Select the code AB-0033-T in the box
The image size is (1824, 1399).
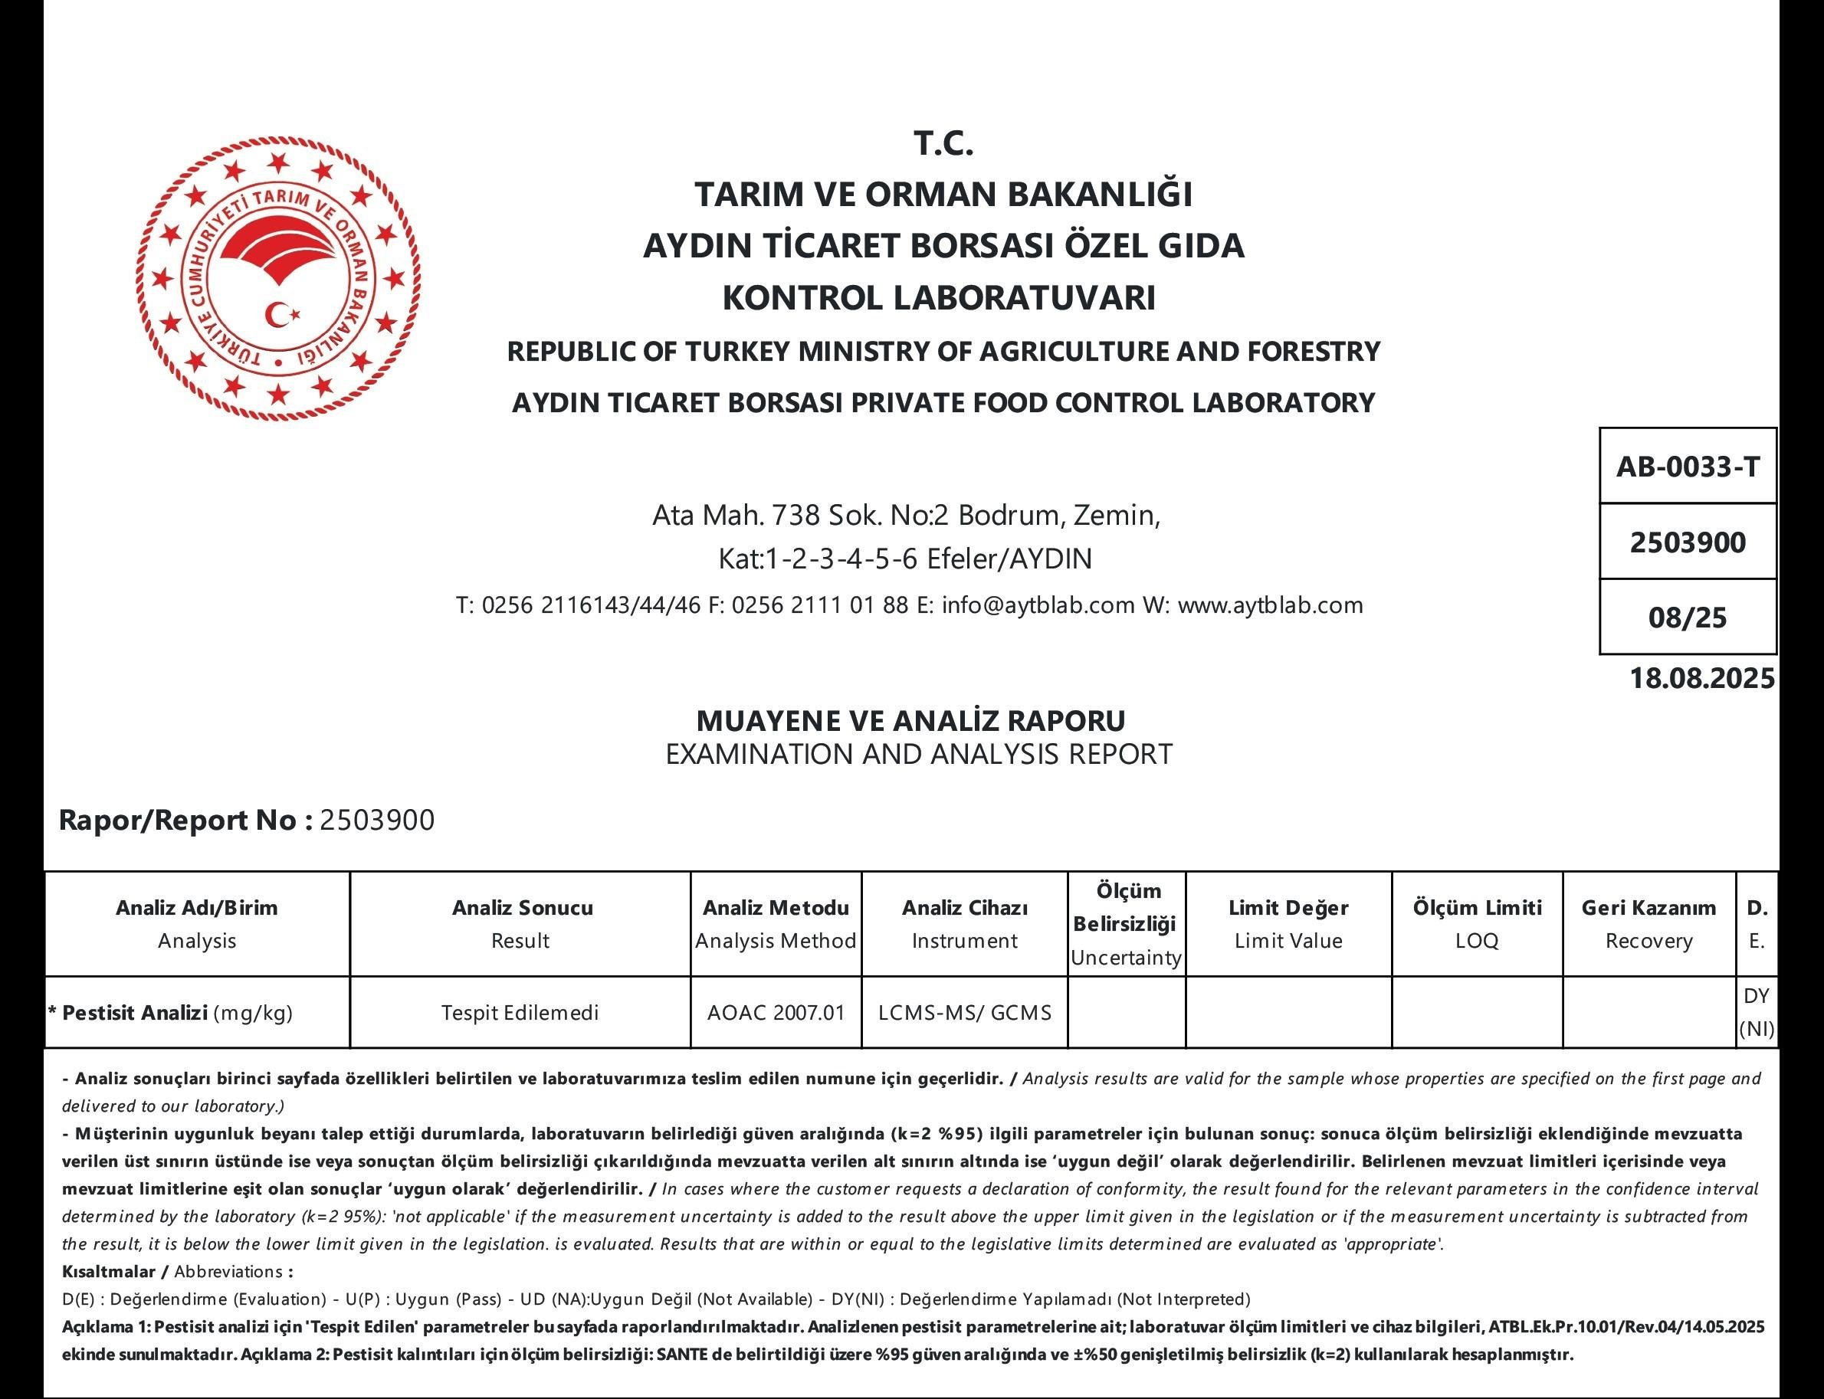(1688, 467)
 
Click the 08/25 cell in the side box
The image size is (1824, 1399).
(1688, 618)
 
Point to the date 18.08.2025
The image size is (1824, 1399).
(1701, 679)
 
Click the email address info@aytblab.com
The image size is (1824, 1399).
(1038, 604)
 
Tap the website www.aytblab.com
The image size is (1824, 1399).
(1271, 604)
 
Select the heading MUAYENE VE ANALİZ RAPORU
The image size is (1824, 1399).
(910, 720)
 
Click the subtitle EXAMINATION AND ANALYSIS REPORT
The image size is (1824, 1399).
(919, 755)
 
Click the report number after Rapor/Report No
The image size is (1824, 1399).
(377, 821)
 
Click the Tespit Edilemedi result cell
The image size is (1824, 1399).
(520, 1013)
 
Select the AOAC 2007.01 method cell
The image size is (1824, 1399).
(776, 1013)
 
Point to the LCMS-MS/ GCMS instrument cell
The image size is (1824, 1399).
(964, 1013)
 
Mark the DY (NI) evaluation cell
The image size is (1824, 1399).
(1756, 1013)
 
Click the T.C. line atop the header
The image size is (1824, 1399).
(943, 144)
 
